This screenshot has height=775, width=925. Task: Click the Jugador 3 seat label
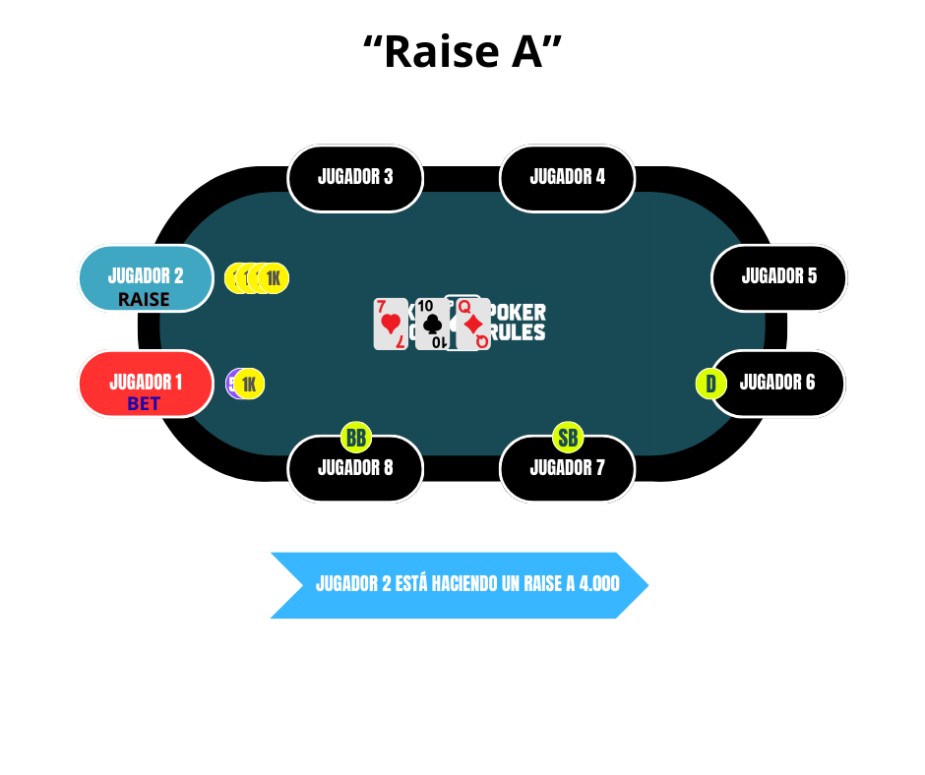pyautogui.click(x=355, y=178)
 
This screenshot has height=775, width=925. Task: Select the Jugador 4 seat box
pyautogui.click(x=567, y=178)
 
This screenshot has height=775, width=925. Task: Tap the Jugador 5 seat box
pyautogui.click(x=778, y=277)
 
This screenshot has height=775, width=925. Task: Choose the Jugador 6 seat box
pyautogui.click(x=777, y=384)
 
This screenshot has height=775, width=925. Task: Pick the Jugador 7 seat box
pyautogui.click(x=567, y=469)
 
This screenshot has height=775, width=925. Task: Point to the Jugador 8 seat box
pyautogui.click(x=355, y=469)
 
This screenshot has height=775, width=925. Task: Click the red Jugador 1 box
pyautogui.click(x=146, y=384)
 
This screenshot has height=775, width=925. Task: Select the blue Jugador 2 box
pyautogui.click(x=146, y=277)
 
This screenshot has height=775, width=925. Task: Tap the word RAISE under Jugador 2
pyautogui.click(x=144, y=299)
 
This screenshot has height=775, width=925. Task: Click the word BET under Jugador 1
pyautogui.click(x=144, y=404)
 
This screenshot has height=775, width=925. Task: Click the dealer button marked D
pyautogui.click(x=710, y=384)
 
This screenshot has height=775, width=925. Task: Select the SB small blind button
pyautogui.click(x=568, y=437)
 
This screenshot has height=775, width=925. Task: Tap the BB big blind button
pyautogui.click(x=356, y=437)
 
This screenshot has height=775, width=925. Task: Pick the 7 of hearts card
pyautogui.click(x=391, y=325)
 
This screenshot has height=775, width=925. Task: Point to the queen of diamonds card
pyautogui.click(x=473, y=325)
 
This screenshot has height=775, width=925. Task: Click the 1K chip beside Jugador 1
pyautogui.click(x=249, y=384)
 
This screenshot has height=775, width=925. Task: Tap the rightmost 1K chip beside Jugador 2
pyautogui.click(x=274, y=278)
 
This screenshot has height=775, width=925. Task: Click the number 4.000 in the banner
pyautogui.click(x=599, y=584)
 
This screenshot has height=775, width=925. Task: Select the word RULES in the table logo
pyautogui.click(x=518, y=332)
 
